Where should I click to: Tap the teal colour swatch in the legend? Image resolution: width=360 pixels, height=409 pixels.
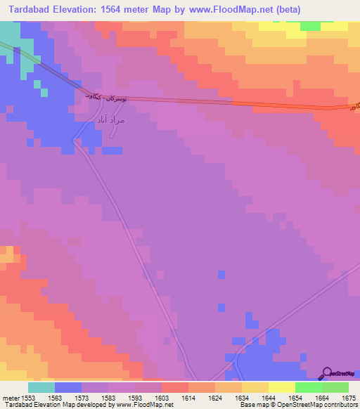[x=41, y=387]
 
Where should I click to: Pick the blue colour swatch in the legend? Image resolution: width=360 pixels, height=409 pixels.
[x=68, y=387]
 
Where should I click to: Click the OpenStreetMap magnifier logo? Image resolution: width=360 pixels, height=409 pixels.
[x=326, y=373]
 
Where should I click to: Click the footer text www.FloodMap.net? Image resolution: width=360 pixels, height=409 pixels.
[x=144, y=405]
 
